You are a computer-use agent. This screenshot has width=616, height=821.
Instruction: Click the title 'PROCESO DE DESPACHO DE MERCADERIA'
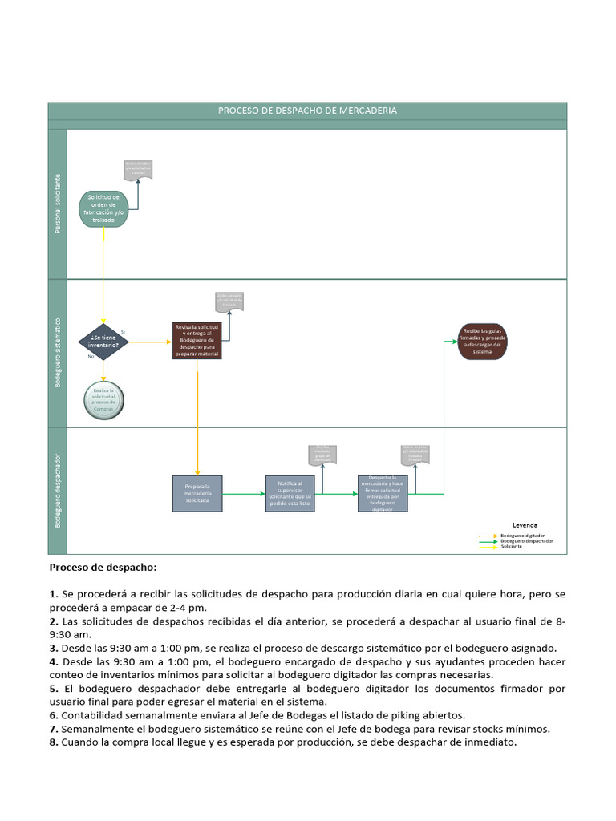point(307,111)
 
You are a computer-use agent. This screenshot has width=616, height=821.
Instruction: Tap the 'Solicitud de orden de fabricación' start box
point(103,208)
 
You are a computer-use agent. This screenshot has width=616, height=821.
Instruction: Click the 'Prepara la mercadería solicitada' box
point(197,493)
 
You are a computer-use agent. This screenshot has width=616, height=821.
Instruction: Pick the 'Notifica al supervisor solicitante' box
point(290,493)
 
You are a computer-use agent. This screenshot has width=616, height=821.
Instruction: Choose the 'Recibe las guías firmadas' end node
point(482,341)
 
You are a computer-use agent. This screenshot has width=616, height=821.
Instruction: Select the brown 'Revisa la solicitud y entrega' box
point(197,340)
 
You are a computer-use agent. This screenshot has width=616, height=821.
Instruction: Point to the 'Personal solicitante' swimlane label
point(58,204)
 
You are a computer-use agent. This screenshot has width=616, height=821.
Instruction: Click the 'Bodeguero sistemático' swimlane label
point(58,353)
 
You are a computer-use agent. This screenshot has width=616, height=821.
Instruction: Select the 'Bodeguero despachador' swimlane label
point(58,491)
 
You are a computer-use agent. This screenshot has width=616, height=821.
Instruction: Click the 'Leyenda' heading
point(525,524)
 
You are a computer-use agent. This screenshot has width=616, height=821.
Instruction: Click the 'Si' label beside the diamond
point(123,331)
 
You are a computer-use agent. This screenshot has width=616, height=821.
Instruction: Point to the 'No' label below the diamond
point(91,356)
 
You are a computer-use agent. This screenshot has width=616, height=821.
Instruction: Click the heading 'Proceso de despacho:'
point(103,568)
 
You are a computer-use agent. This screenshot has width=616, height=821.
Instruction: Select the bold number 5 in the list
point(53,688)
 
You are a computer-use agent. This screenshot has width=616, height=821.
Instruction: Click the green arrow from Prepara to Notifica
point(244,494)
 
